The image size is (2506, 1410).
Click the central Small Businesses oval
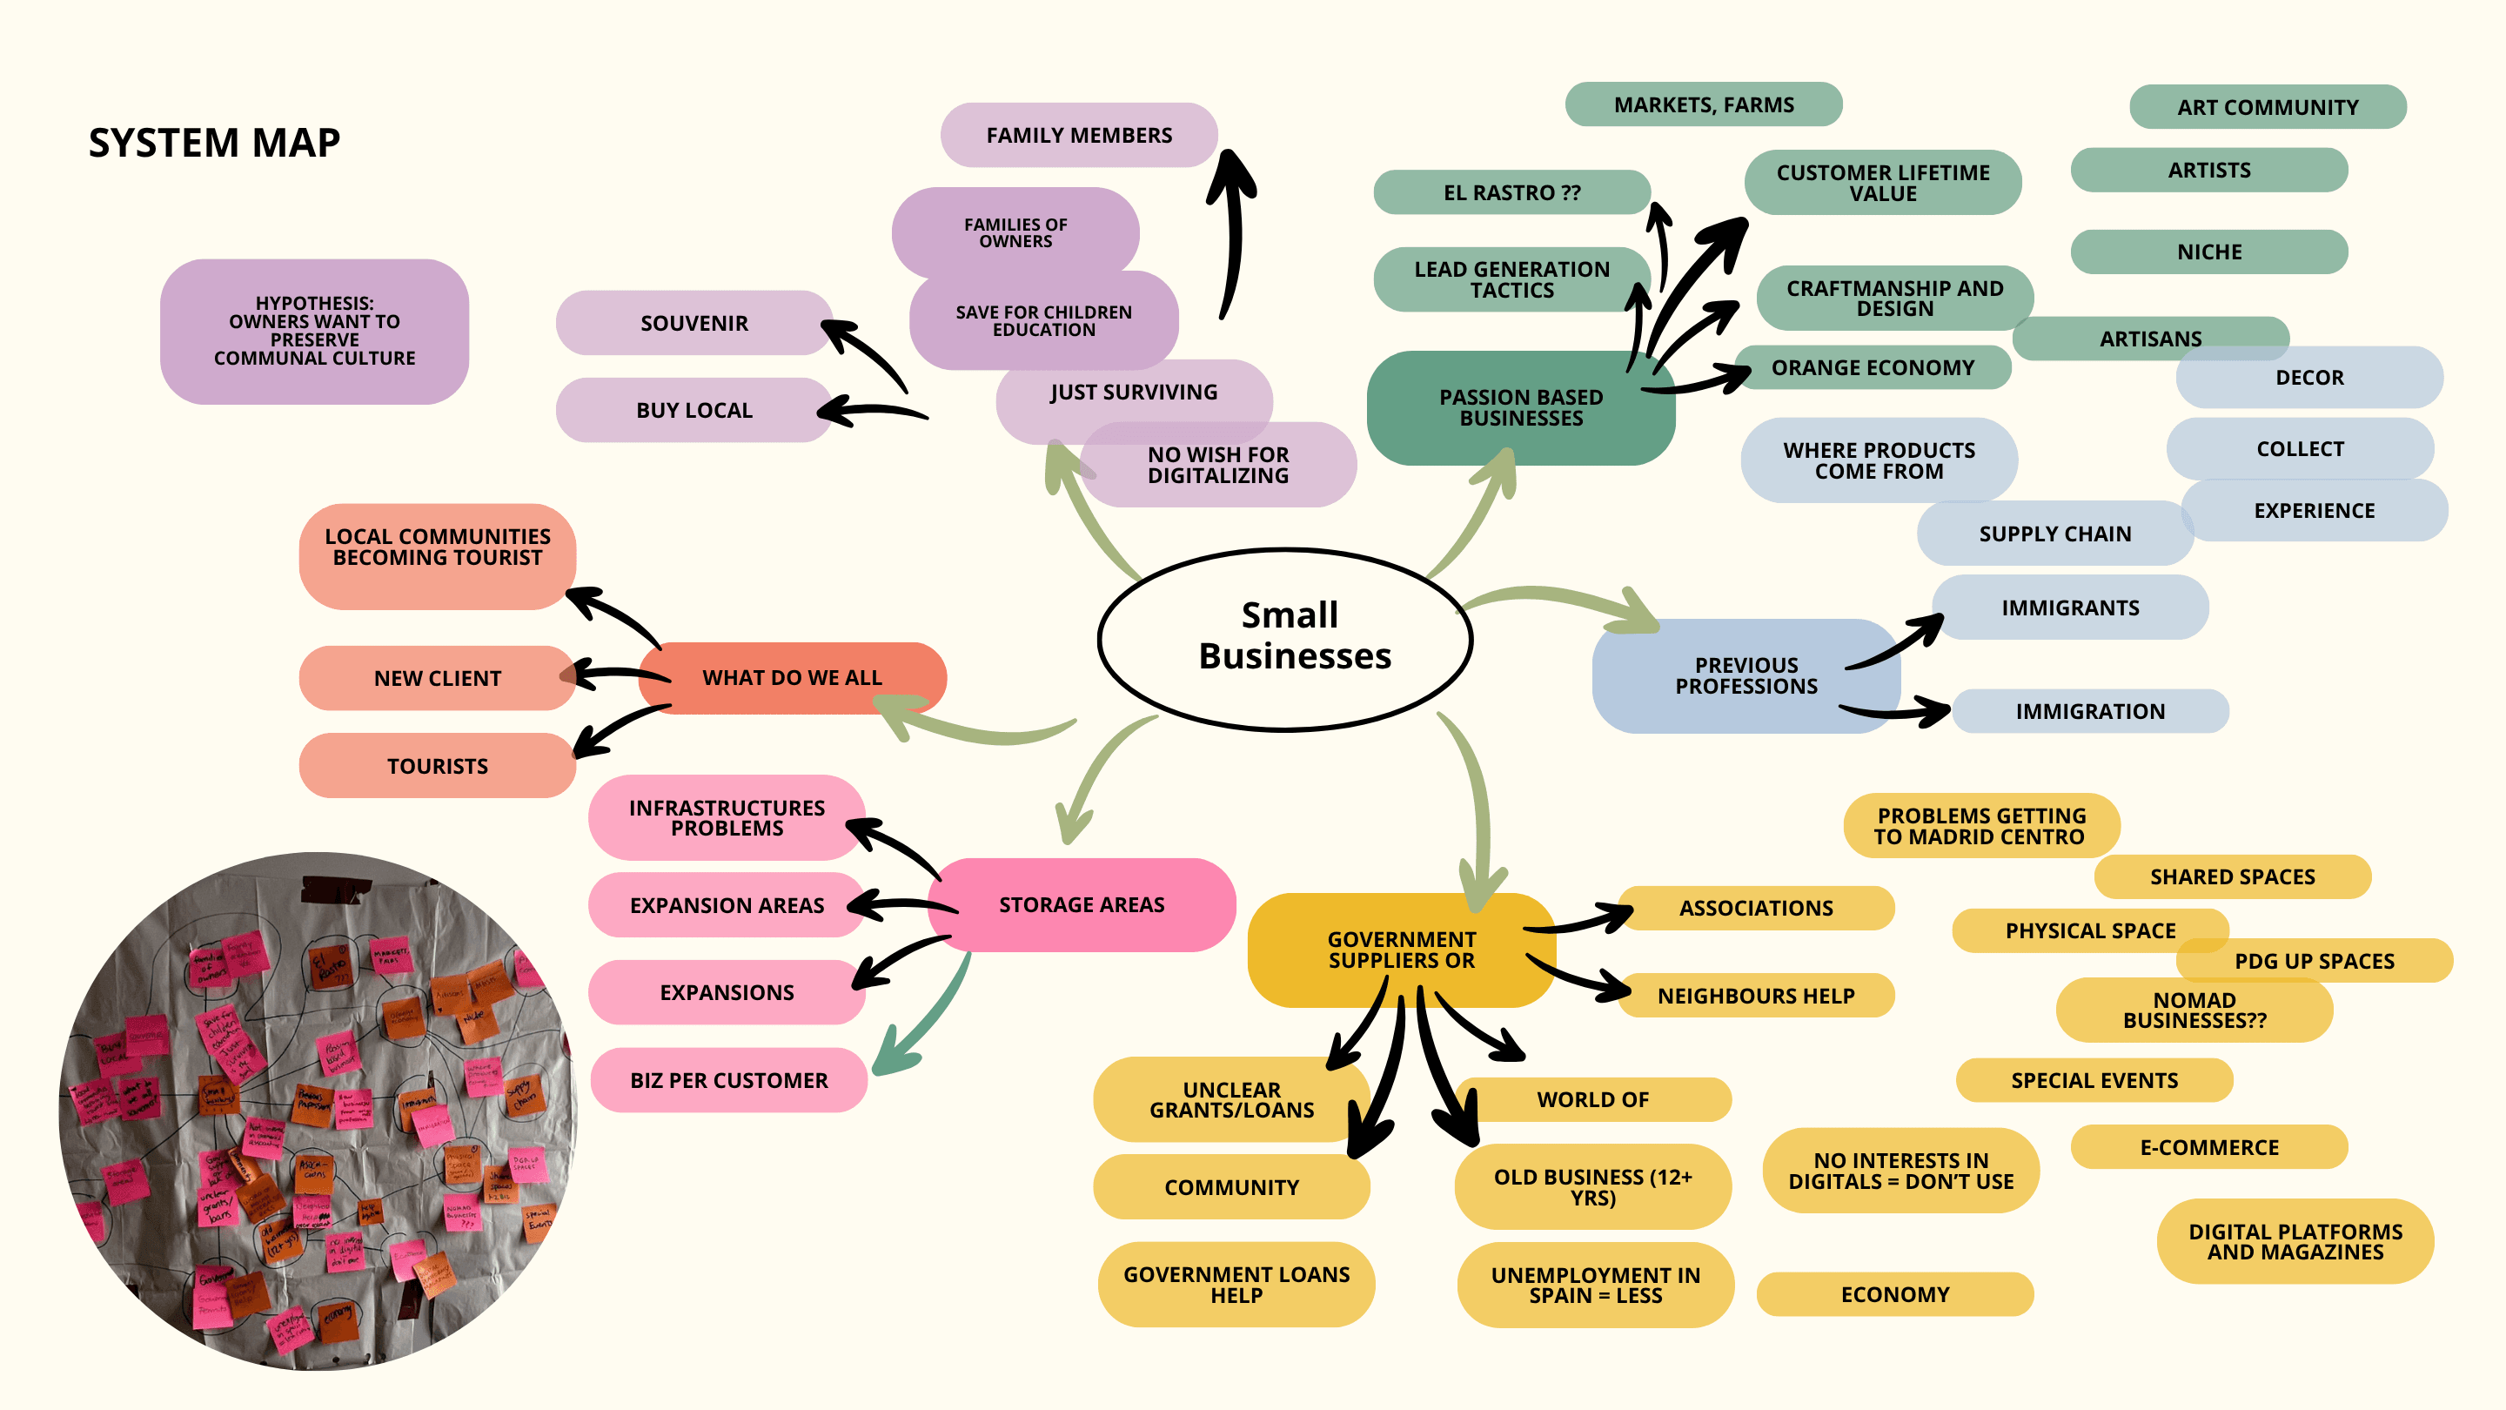point(1284,637)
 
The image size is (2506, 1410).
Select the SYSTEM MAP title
point(214,143)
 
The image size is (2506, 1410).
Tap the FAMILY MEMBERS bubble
point(1078,135)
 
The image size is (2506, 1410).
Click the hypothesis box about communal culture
point(314,331)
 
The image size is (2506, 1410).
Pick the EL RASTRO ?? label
point(1511,192)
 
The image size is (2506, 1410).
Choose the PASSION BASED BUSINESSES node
point(1519,407)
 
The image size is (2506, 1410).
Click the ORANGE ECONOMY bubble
point(1872,368)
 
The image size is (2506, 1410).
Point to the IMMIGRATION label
point(2088,711)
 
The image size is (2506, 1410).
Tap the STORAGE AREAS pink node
point(1081,905)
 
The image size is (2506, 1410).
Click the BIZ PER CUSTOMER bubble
point(727,1080)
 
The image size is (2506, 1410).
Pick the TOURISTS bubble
point(437,766)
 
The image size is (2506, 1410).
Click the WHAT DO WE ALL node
point(791,677)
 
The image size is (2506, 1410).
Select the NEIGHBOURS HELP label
point(1755,996)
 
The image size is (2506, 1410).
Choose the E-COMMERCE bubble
point(2208,1147)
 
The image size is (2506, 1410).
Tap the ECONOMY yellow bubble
point(1894,1294)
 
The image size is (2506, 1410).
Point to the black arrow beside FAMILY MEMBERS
point(1234,233)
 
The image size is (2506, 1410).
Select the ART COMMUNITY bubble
point(2267,107)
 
